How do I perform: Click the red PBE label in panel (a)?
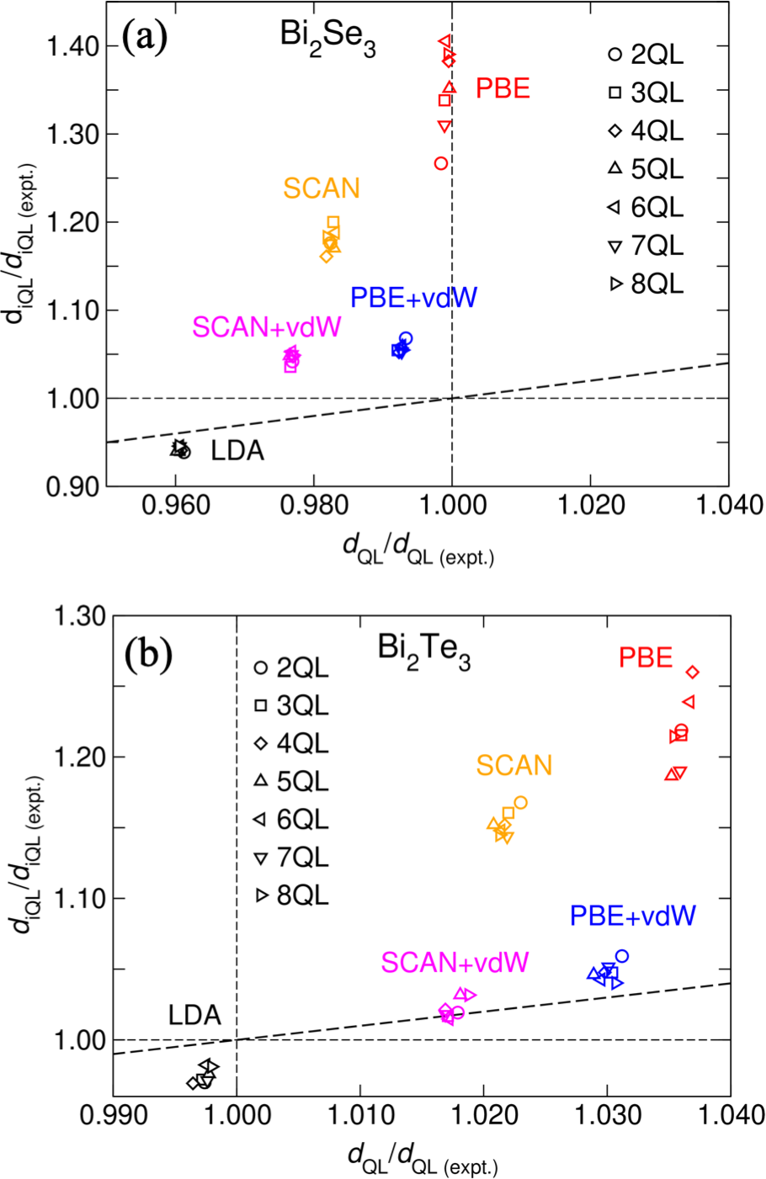503,88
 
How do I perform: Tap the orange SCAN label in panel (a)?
321,189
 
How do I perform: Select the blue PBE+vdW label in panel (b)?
633,916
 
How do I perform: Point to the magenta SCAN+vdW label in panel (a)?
267,327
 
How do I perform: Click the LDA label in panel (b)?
194,1014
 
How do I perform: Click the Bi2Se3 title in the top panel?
327,37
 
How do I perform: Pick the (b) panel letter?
148,654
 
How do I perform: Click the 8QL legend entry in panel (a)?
646,284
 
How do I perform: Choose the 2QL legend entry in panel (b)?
291,668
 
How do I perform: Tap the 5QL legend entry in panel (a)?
646,169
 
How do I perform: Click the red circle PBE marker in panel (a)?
441,163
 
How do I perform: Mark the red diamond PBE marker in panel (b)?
693,672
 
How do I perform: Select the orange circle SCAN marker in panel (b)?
520,803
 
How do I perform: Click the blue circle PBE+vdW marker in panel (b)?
622,956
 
